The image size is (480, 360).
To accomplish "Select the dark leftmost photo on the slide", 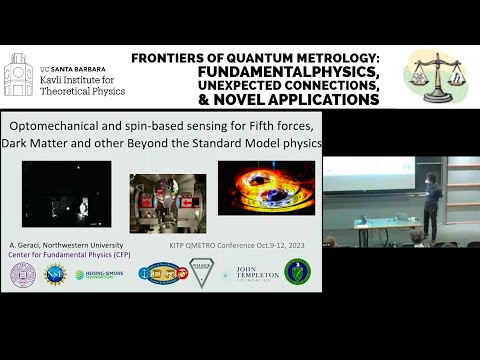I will pos(66,194).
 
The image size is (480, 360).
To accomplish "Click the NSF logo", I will pos(55,274).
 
